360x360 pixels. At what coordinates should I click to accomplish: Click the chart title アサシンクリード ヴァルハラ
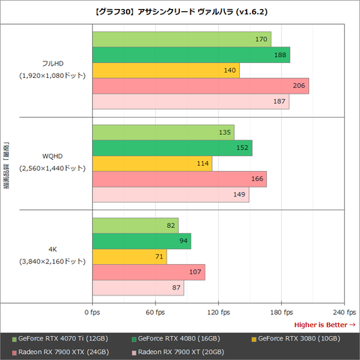tap(180, 11)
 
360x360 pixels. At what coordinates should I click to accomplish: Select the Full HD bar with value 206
tap(199, 86)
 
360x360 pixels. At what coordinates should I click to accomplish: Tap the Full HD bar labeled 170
tap(181, 39)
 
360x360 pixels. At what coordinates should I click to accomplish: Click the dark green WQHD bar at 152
tap(172, 148)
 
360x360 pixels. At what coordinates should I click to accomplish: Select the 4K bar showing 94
tap(141, 241)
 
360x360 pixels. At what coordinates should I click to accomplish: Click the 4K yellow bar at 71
tap(129, 256)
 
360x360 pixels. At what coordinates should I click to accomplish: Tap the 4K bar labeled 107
tap(148, 272)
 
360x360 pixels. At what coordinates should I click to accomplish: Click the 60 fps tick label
tap(155, 311)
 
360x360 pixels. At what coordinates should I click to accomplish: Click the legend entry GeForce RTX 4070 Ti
tap(63, 337)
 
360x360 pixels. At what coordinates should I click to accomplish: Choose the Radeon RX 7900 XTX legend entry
tap(63, 351)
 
